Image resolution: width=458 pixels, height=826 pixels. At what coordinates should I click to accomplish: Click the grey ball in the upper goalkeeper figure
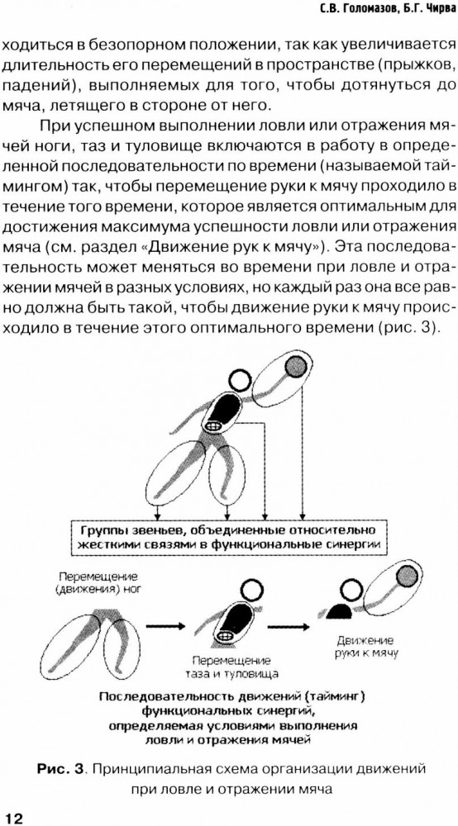coord(295,364)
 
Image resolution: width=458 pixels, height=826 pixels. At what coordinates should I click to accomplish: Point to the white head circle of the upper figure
coord(240,380)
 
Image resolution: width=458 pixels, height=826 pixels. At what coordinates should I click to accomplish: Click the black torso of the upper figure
coord(222,409)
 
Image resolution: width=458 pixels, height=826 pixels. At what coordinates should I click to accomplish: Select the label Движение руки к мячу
coord(365,647)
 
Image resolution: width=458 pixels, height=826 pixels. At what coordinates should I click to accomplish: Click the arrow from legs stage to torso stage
coord(165,626)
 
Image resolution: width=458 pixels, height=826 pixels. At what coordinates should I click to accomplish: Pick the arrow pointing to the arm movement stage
coord(289,626)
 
